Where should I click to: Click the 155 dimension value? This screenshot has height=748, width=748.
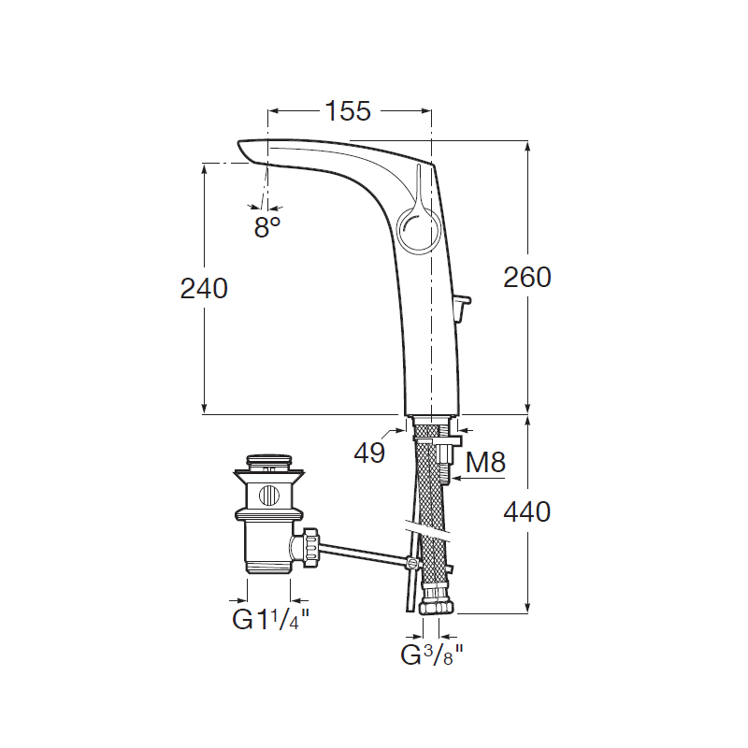click(348, 111)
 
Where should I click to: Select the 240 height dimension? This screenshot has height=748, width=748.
click(204, 289)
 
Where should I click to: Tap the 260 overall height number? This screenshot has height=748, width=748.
click(527, 277)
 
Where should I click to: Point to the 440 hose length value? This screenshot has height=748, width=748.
click(527, 511)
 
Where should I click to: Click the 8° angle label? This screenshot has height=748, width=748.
click(267, 226)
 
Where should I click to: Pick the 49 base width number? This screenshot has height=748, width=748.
click(369, 453)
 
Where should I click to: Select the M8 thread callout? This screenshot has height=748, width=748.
click(485, 462)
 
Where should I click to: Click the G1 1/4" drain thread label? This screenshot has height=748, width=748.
click(271, 619)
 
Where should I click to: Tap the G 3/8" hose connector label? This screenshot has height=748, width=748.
click(432, 654)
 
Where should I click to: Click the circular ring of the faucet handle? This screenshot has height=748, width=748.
click(416, 228)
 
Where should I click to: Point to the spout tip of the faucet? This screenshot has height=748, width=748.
click(244, 151)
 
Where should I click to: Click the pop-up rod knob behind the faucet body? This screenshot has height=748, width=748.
click(462, 306)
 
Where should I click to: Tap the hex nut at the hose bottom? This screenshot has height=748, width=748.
click(437, 606)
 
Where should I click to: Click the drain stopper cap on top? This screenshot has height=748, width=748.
click(269, 462)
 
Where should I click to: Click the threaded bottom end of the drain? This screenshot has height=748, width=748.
click(269, 567)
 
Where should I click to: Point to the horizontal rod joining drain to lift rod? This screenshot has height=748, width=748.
click(365, 554)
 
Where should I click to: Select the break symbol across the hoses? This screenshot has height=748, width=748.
click(428, 531)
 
